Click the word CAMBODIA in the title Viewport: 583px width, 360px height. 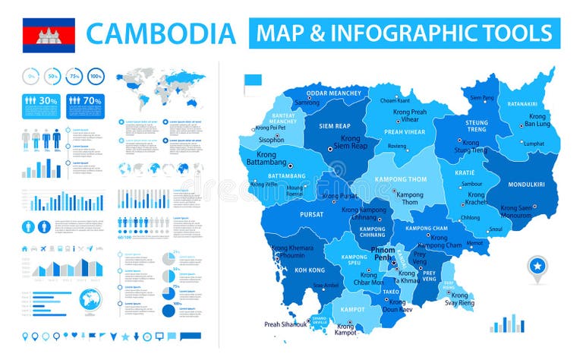(161, 33)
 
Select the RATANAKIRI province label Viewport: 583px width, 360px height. (522, 104)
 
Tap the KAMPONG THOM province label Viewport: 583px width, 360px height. (395, 180)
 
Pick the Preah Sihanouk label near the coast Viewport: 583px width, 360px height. (285, 324)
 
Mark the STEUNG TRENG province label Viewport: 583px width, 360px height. (477, 125)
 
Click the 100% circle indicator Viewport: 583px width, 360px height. (96, 76)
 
